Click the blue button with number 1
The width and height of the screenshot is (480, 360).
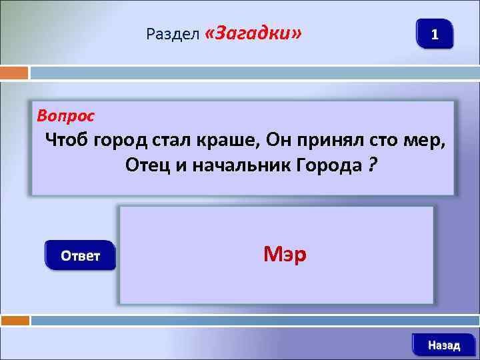coord(434,33)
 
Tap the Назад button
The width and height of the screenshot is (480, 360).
coord(443,345)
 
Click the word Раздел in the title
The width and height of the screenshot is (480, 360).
coord(173,35)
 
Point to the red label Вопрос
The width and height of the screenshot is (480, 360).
coord(65,116)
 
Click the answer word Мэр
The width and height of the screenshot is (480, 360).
coord(285,253)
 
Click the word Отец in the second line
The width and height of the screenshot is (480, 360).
coord(147,165)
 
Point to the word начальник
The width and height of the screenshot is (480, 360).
coord(241,165)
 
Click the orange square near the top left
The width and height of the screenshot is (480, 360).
coord(14,72)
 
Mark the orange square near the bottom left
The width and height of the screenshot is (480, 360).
coord(15,321)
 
